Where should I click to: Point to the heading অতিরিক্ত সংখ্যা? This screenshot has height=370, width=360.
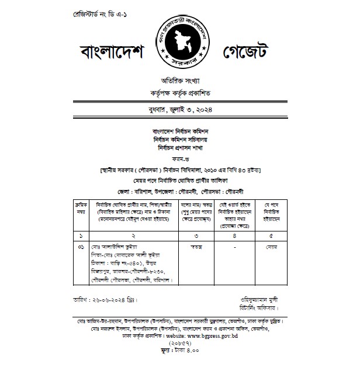pyautogui.click(x=179, y=79)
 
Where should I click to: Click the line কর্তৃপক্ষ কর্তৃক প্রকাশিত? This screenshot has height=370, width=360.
pyautogui.click(x=179, y=93)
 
